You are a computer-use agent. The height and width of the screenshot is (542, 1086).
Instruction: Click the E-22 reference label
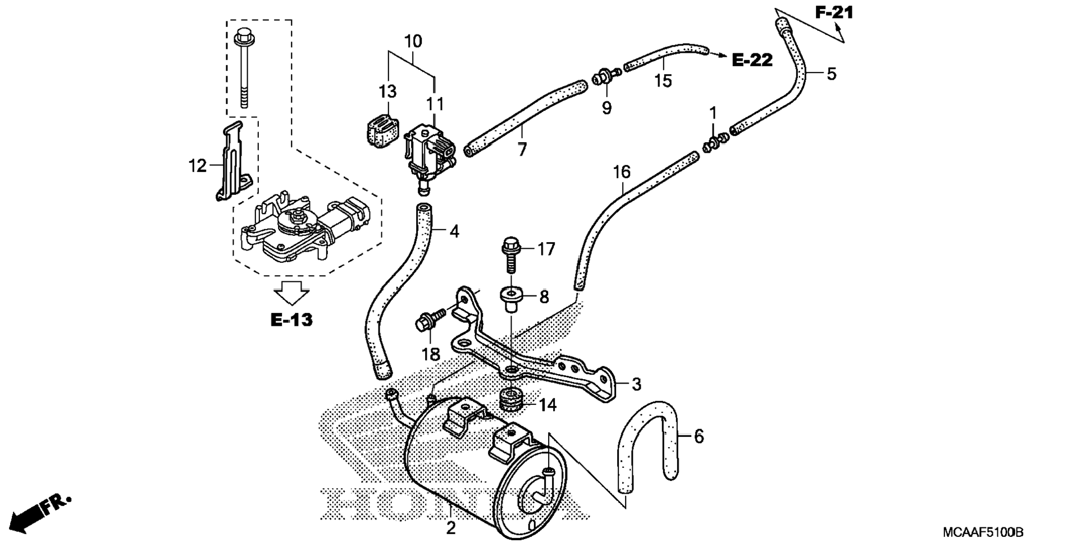(752, 60)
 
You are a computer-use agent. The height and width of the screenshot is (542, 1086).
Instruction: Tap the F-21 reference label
(834, 12)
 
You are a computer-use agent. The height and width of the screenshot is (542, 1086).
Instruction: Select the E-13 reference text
(291, 320)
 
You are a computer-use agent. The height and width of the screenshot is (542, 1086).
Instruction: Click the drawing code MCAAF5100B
(983, 532)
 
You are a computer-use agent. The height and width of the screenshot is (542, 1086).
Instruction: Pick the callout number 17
(546, 249)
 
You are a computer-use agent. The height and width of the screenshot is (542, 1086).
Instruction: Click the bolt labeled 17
(510, 256)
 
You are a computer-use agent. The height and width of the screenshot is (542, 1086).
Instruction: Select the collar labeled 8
(510, 298)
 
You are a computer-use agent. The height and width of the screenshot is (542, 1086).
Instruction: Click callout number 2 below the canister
(450, 528)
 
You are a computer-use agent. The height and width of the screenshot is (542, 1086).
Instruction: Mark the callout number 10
(413, 41)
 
